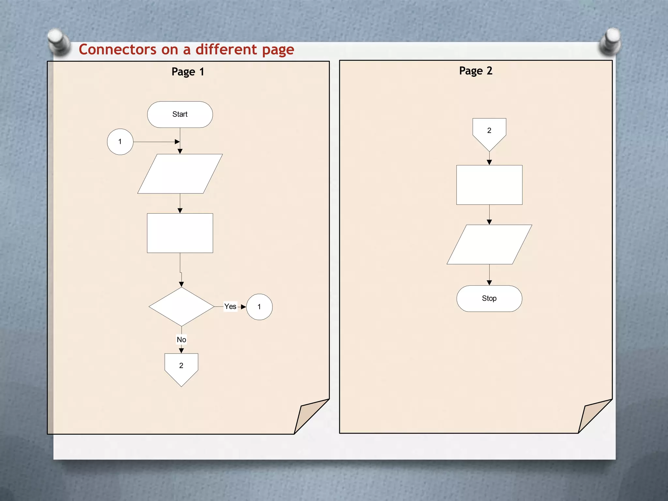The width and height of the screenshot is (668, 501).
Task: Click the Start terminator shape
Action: (180, 114)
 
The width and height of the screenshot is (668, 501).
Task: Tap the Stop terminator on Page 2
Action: (489, 298)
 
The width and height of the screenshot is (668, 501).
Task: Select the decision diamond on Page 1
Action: (181, 307)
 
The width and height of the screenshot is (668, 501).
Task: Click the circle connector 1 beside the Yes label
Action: (259, 307)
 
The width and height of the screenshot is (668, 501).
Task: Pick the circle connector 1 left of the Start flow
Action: (120, 142)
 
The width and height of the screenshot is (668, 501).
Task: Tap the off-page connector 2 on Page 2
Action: (489, 132)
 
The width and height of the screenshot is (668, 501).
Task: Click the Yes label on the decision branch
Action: (230, 307)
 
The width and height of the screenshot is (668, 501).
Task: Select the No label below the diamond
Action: (181, 340)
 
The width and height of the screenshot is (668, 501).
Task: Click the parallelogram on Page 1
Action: (180, 174)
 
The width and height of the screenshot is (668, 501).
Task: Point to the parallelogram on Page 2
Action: (489, 244)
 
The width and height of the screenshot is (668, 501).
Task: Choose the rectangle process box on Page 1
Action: (180, 233)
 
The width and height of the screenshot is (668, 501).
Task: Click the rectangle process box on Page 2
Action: (489, 185)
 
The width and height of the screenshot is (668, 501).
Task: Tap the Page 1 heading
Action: (188, 72)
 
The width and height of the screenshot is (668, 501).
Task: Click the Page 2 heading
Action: (476, 71)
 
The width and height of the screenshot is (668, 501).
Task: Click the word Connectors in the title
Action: (117, 50)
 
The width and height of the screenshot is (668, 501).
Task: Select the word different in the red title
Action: (226, 50)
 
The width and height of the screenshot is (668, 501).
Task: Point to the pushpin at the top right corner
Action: (611, 41)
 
